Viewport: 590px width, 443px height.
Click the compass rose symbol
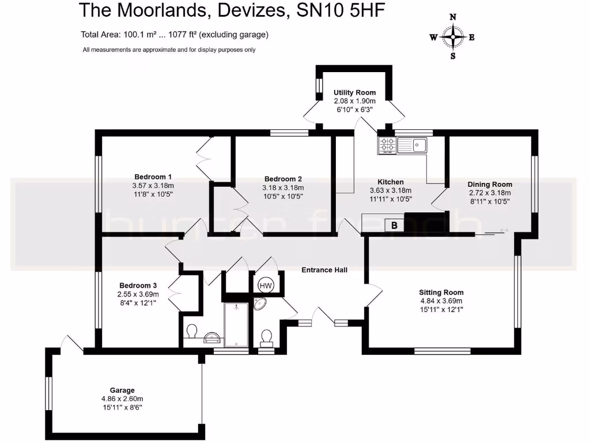coord(453,37)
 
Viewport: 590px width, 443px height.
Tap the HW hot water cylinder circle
coord(266,285)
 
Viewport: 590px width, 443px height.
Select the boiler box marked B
coord(394,226)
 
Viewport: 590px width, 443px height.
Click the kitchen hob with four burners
coord(387,145)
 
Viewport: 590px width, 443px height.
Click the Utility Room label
coord(354,92)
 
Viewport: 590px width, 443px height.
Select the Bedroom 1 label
coord(153,177)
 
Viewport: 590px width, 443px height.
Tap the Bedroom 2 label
coord(283,179)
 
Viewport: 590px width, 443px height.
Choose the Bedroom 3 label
coord(138,286)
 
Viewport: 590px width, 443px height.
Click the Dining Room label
coord(489,185)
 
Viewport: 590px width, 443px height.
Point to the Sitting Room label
coord(441,292)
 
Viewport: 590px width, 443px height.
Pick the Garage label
coord(122,390)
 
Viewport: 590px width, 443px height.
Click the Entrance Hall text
coord(324,269)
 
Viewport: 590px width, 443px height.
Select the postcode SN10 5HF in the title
coord(339,10)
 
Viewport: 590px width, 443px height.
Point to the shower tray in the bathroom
coord(236,324)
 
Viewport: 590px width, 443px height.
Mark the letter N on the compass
coord(453,17)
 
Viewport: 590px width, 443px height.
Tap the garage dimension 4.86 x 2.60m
coord(122,399)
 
